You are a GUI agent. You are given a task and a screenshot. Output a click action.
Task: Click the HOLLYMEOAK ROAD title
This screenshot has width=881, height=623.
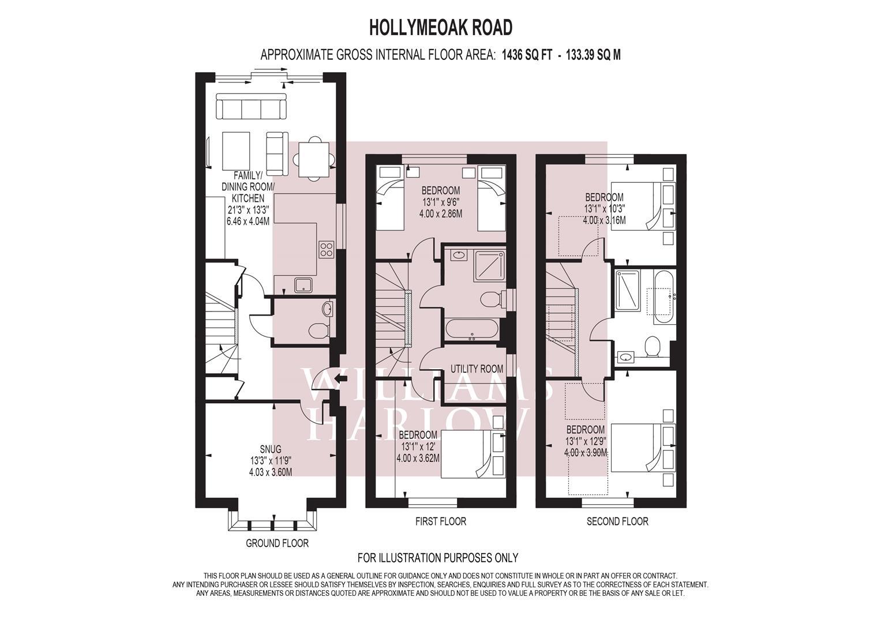pyautogui.click(x=440, y=27)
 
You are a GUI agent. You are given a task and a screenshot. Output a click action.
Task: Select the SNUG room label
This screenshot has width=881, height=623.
pyautogui.click(x=270, y=449)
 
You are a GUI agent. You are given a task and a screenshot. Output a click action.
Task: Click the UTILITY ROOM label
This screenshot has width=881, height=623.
pyautogui.click(x=477, y=369)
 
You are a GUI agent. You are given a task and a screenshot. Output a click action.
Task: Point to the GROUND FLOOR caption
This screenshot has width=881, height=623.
pyautogui.click(x=277, y=543)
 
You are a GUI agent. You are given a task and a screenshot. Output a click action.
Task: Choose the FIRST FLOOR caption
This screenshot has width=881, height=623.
pyautogui.click(x=440, y=521)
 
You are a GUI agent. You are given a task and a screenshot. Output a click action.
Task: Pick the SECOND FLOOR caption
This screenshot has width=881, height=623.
pyautogui.click(x=617, y=521)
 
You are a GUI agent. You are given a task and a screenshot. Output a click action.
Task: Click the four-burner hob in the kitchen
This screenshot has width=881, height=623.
pyautogui.click(x=326, y=249)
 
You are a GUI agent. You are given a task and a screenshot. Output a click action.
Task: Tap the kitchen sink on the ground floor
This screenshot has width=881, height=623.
pyautogui.click(x=302, y=285)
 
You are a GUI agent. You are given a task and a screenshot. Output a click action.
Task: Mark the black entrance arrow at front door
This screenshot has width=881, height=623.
pyautogui.click(x=341, y=379)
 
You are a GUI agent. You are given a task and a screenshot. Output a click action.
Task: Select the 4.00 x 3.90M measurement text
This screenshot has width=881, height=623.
pyautogui.click(x=586, y=453)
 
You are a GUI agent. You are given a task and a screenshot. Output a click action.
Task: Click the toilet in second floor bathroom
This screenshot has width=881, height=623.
pyautogui.click(x=653, y=347)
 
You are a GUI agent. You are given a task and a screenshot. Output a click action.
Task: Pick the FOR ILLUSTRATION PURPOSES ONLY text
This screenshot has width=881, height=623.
pyautogui.click(x=438, y=558)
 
